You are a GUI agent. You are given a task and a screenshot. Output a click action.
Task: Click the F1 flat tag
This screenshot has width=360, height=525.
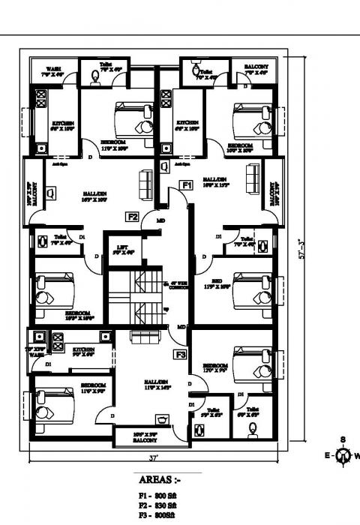tap(187, 184)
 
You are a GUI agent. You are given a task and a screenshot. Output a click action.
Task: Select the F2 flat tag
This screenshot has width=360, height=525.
tap(132, 217)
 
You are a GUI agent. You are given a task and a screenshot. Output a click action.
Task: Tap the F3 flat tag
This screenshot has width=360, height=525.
tap(180, 354)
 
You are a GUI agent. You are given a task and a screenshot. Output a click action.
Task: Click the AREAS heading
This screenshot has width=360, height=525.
tap(159, 478)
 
